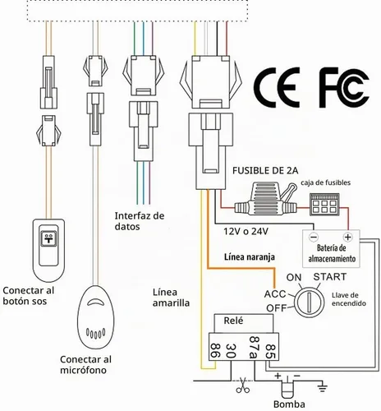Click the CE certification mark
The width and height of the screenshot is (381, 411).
coord(277,87)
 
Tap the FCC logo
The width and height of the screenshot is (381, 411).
coord(344,87)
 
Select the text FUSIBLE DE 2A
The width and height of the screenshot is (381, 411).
coord(265,171)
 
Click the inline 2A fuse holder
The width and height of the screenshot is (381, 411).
coord(265,199)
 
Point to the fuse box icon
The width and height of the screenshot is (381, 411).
coord(324,204)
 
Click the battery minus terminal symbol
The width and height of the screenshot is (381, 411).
coord(314,237)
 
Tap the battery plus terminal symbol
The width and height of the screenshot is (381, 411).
coord(348,237)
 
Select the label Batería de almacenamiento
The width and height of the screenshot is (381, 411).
coord(332,253)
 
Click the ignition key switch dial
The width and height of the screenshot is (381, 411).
coord(309,302)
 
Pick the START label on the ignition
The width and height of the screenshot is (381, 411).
coord(330,277)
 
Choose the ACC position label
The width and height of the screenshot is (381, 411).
coord(275,294)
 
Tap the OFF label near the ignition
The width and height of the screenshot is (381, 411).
coord(276,308)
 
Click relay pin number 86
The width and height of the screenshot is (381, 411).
coord(215,350)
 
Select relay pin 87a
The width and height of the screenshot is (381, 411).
coord(255,347)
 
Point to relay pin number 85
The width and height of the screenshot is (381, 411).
coord(270,351)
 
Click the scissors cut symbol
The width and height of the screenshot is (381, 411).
coord(242,385)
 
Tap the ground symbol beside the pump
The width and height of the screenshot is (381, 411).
coord(322,387)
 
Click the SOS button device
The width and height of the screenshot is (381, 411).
coord(48,251)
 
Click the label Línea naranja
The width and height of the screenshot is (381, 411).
coord(250,257)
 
